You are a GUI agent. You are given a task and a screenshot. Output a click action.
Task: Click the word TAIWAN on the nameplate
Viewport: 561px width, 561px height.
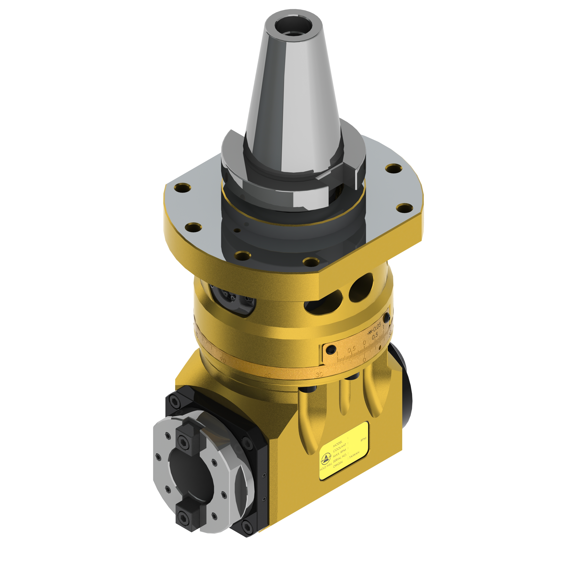354,455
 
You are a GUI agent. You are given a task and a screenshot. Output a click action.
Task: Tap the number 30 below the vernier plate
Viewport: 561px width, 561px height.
319,374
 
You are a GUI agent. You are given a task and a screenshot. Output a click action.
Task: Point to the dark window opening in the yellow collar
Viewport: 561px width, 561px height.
232,301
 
